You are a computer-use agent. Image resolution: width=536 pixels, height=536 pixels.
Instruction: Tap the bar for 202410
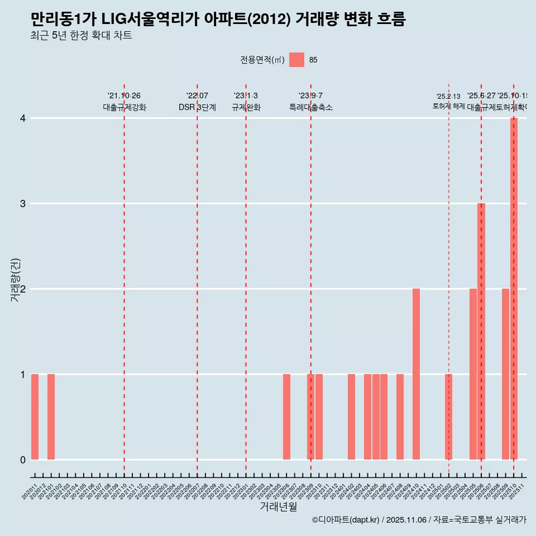coord(416,374)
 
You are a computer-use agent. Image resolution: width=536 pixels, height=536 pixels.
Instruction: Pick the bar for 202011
coord(35,417)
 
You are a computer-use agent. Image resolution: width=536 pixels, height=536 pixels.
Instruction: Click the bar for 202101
coord(51,417)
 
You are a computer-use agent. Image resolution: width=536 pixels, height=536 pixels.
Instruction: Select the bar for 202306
coord(286,417)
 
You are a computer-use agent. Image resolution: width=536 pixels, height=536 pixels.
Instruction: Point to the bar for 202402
coord(351,417)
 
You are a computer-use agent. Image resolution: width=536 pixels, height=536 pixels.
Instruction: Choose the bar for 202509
coord(505,374)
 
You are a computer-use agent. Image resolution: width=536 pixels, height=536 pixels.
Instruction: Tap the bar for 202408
coord(400,417)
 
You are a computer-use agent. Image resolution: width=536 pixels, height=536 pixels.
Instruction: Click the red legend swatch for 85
coord(296,60)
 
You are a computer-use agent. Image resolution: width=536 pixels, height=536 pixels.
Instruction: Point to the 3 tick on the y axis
coord(23,203)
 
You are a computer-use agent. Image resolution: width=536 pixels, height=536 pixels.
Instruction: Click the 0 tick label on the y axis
coord(23,460)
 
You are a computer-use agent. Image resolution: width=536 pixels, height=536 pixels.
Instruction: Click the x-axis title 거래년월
coord(278,506)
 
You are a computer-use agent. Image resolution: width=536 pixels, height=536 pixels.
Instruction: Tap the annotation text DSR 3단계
coord(197,107)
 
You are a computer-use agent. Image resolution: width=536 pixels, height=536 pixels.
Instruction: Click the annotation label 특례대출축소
coord(310,107)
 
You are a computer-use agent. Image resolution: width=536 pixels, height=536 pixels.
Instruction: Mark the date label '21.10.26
coord(124,95)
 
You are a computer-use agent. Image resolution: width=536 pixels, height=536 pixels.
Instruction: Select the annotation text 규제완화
coord(246,107)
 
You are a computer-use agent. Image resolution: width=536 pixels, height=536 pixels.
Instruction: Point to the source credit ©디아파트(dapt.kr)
coord(346,520)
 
